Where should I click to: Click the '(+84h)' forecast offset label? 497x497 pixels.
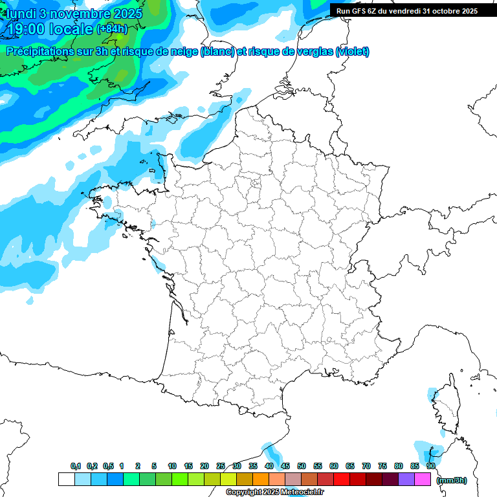[112, 29]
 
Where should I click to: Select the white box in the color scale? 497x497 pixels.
[66, 479]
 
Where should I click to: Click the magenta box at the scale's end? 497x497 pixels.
[423, 479]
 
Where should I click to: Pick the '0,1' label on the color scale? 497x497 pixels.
[76, 466]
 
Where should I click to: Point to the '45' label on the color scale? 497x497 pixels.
[285, 466]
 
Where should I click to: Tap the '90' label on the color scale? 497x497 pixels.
[431, 466]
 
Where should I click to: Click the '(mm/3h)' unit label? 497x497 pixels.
[452, 480]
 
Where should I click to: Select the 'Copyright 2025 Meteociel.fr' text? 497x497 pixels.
[275, 492]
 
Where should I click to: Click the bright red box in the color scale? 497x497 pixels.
[342, 479]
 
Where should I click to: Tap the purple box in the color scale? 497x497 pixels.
[406, 479]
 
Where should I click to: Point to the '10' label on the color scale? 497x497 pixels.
[172, 466]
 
